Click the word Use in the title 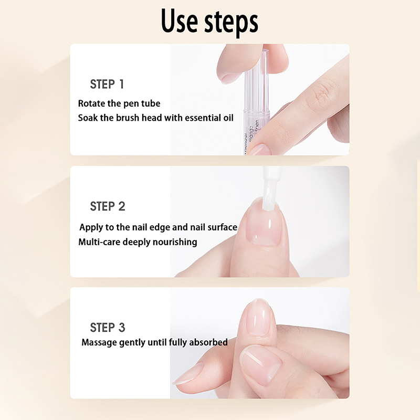click(179, 20)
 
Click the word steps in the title click(231, 23)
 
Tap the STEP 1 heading click(107, 84)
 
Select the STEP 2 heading click(108, 206)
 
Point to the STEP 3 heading click(108, 327)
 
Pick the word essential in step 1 click(203, 118)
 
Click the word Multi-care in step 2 click(99, 242)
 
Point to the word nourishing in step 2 click(175, 242)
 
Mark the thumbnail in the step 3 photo click(261, 365)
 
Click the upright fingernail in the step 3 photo click(260, 317)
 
